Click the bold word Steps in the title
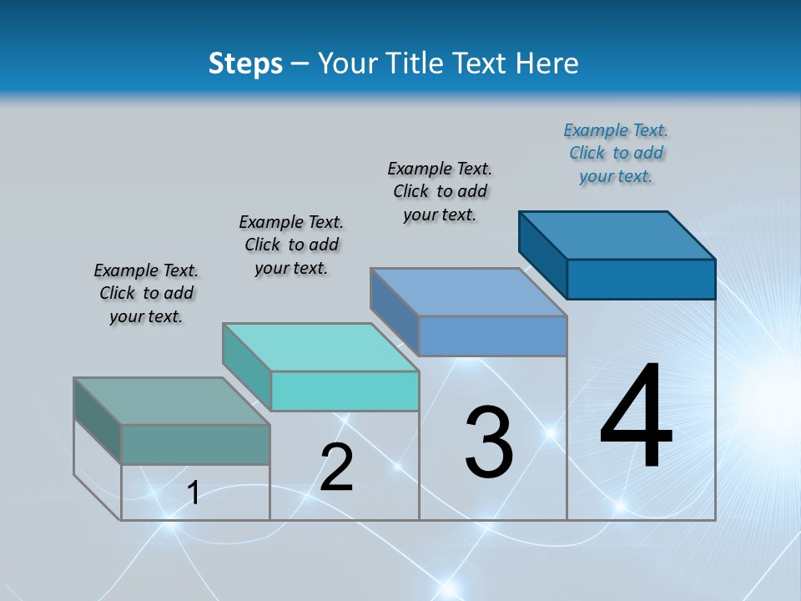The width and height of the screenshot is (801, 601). [245, 63]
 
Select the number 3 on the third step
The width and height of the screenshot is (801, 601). [489, 442]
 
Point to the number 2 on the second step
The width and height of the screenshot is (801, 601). [337, 467]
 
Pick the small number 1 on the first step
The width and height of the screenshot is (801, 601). [194, 493]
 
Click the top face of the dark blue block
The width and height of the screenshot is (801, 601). [617, 235]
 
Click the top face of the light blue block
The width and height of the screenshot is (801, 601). [469, 292]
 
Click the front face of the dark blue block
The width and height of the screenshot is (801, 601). [641, 279]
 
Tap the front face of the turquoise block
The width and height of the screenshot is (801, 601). [345, 391]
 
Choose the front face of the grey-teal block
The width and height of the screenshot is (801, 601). [195, 444]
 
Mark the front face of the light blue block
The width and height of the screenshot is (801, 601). [492, 336]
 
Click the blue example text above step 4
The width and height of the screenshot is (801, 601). [616, 153]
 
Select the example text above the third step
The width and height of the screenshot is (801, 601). [440, 191]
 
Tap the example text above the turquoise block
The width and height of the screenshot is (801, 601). [291, 245]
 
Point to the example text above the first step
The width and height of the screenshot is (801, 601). [146, 293]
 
